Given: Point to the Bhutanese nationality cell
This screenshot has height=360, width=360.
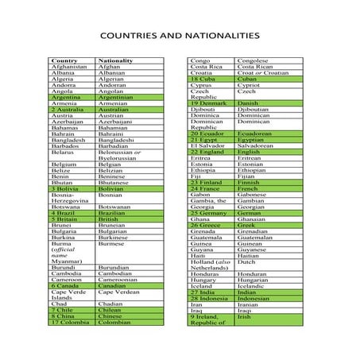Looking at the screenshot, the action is coord(115,182).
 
